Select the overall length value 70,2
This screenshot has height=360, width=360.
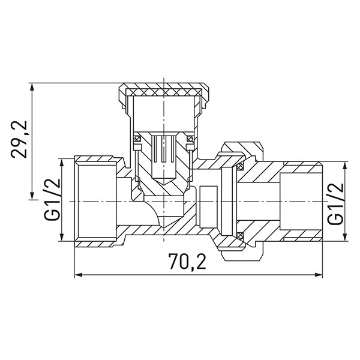coord(197,262)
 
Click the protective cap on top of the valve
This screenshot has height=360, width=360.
coord(163,92)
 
